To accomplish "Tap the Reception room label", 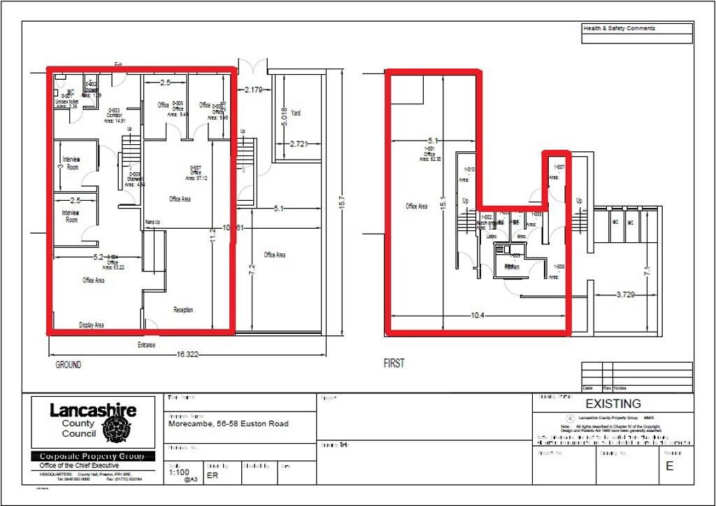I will [183, 310].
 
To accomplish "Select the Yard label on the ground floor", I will [296, 113].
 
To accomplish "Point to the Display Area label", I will [91, 325].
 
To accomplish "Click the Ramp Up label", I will [153, 222].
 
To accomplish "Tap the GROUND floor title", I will [68, 365].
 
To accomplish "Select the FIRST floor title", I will [394, 364].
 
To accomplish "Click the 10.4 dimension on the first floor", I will [478, 316].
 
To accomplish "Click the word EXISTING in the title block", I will [613, 404].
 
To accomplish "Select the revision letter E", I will [669, 467].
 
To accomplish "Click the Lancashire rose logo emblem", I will [115, 428].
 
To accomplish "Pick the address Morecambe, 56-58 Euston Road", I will [228, 423].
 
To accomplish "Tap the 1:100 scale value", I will [178, 473].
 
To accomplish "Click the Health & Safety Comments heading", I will [620, 29].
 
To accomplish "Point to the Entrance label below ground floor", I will [146, 345].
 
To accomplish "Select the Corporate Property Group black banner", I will [92, 456].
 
